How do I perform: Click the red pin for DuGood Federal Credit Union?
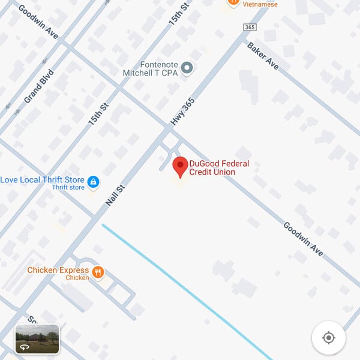180,166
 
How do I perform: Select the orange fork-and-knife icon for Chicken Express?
98,274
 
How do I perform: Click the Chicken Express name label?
58,271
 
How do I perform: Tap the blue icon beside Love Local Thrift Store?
93,181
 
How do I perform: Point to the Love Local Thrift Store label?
42,179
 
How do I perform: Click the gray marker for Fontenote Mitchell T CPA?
187,68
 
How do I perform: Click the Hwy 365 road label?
183,112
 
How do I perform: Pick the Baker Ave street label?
263,55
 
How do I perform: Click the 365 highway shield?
250,28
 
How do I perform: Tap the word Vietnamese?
260,4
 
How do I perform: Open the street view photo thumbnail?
37,338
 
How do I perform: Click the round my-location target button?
328,337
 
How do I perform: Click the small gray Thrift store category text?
68,188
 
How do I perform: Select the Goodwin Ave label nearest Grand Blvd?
38,23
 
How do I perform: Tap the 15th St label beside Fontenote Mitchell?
178,12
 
